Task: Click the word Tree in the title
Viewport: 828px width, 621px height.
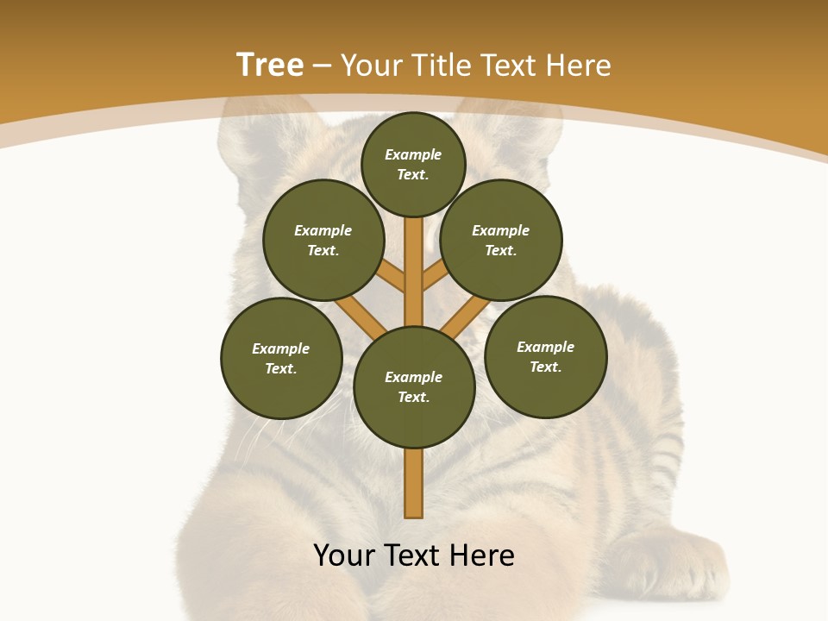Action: [270, 65]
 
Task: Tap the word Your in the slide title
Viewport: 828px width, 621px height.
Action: [372, 65]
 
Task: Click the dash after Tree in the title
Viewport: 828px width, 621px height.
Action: [322, 66]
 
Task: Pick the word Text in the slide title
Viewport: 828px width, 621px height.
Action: [510, 65]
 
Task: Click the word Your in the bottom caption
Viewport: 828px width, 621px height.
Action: [345, 555]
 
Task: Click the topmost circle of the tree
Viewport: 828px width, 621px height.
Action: [413, 165]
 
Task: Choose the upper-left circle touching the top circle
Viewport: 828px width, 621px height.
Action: [323, 241]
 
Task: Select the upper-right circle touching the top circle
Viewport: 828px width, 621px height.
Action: [501, 241]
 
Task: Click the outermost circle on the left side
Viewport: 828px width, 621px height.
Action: [281, 359]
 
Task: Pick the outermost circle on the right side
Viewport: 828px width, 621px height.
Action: [546, 357]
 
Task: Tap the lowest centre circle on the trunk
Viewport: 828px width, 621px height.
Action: [414, 387]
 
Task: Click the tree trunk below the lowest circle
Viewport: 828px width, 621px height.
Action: [414, 483]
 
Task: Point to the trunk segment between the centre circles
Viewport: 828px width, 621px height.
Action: [414, 272]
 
